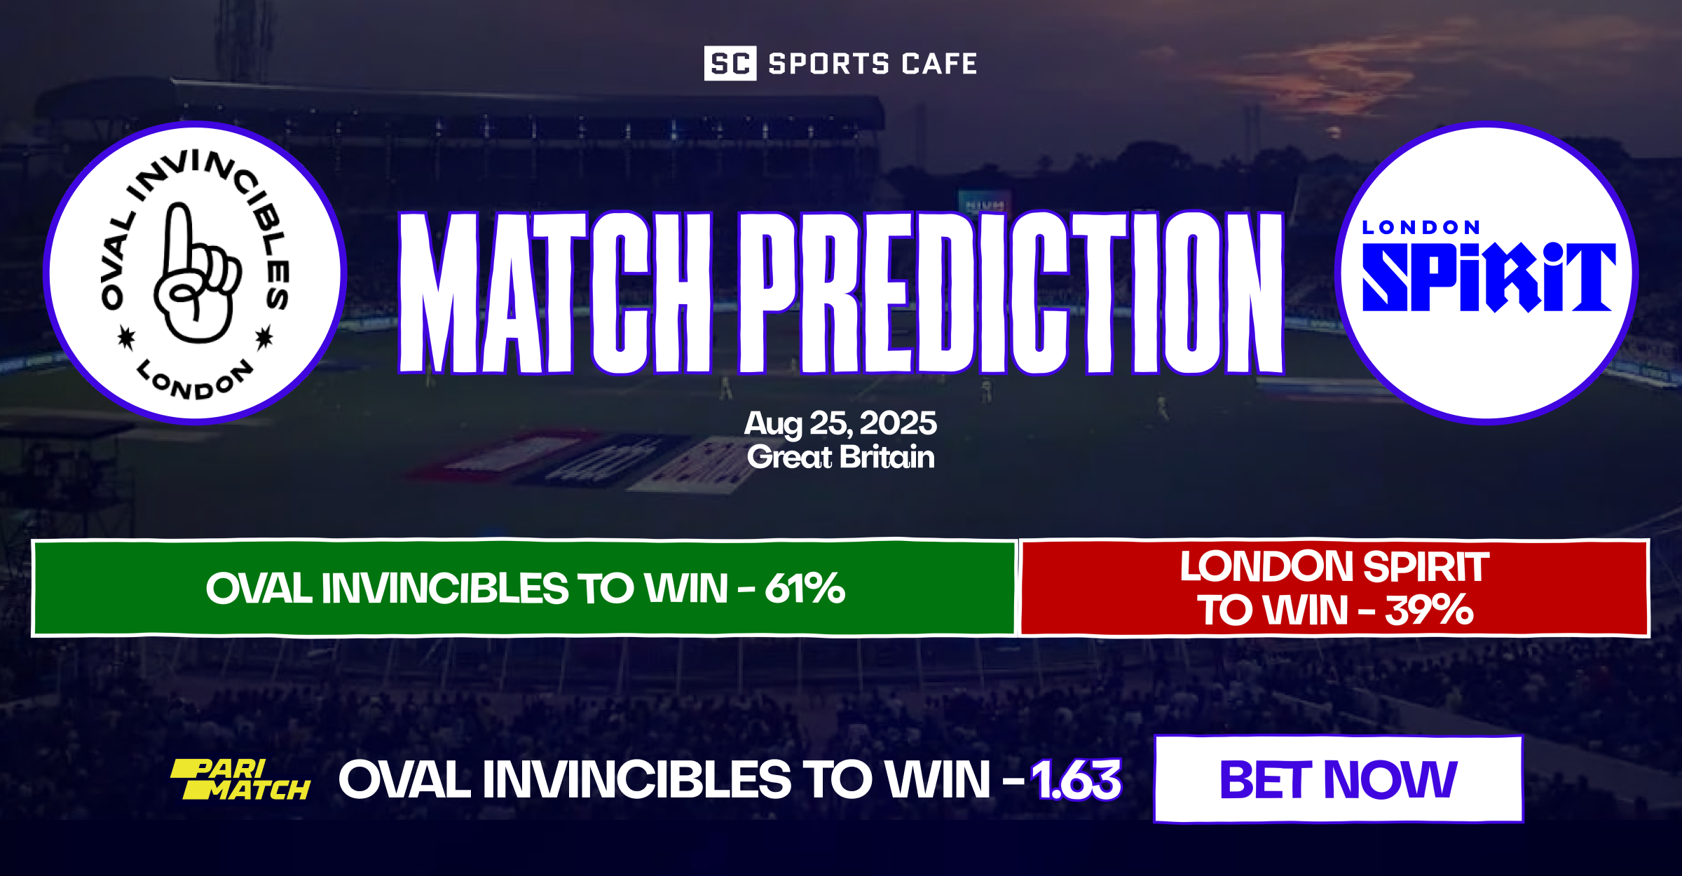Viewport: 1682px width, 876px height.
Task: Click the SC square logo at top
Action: [730, 64]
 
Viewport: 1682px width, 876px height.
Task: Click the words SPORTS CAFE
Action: [873, 64]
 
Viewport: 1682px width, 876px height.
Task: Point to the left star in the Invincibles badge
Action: [126, 338]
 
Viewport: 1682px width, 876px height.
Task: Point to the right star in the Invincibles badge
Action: [264, 338]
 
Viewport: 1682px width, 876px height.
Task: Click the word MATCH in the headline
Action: [554, 293]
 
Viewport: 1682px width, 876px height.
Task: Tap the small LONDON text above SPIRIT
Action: [1421, 228]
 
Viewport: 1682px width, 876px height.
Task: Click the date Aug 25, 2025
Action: [840, 423]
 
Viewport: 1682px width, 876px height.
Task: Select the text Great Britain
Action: [840, 458]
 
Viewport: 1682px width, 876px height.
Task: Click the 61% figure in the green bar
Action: [805, 588]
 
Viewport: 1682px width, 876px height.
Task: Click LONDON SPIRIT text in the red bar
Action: [1334, 566]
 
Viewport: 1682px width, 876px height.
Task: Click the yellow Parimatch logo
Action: [240, 779]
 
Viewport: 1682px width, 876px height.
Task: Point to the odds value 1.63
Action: [1076, 779]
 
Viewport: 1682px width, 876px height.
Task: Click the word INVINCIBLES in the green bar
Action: [444, 588]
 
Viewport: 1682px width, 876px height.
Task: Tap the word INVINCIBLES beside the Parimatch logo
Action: [637, 779]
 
